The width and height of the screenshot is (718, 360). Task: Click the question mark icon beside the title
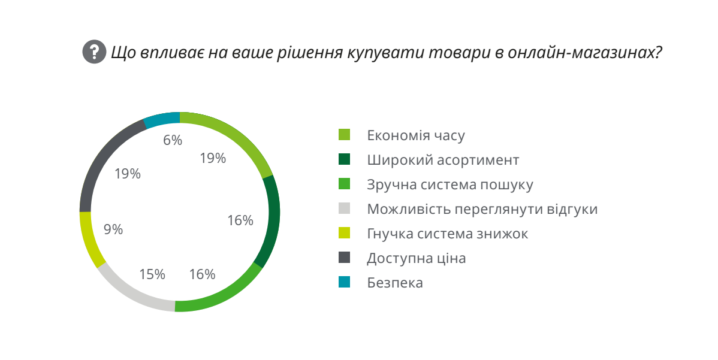point(94,52)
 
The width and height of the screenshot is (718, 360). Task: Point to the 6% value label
point(173,140)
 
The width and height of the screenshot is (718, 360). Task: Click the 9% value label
point(113,229)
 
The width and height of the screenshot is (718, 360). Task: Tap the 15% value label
point(152,274)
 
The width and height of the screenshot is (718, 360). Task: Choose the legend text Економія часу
point(416,135)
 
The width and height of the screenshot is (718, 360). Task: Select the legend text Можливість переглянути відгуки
point(482,209)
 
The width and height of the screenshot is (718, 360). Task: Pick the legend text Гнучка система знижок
point(448,234)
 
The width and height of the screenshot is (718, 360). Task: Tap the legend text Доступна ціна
point(417,258)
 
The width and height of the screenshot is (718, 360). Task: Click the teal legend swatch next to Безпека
point(344,282)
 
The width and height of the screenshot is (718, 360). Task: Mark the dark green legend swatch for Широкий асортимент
point(344,160)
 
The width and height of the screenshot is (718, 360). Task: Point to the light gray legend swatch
point(344,209)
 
